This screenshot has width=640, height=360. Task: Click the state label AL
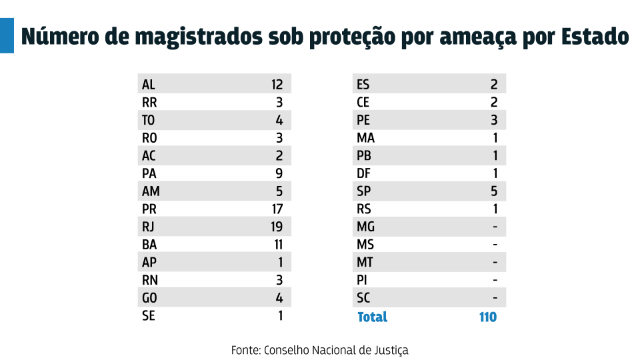tap(148, 85)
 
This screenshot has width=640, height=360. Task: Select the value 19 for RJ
tap(277, 227)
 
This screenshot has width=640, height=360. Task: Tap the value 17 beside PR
tap(277, 209)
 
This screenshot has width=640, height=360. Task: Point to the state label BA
tap(149, 245)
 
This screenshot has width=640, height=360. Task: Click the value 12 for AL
tap(277, 85)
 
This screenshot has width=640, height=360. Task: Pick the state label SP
tap(363, 191)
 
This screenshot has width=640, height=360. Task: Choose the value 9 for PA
tap(279, 173)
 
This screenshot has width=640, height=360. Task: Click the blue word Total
tap(372, 317)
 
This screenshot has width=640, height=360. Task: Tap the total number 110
tap(487, 317)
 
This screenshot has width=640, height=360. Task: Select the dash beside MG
tap(495, 227)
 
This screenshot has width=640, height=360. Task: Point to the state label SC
tap(363, 298)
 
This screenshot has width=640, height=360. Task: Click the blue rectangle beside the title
tap(7, 36)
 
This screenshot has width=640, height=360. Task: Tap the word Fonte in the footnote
tap(245, 350)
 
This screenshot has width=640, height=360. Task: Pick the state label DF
tap(363, 173)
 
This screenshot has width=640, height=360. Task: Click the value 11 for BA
tap(277, 245)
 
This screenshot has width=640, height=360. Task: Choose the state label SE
tap(148, 316)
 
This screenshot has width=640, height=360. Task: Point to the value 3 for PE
tap(494, 121)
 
